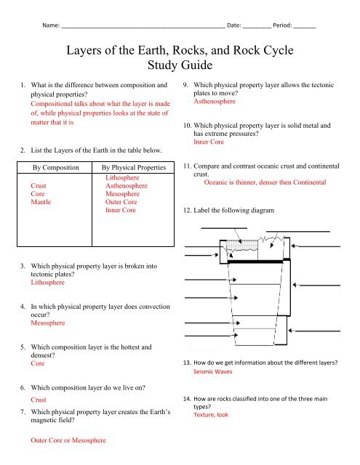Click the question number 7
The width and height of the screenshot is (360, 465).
pyautogui.click(x=21, y=413)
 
